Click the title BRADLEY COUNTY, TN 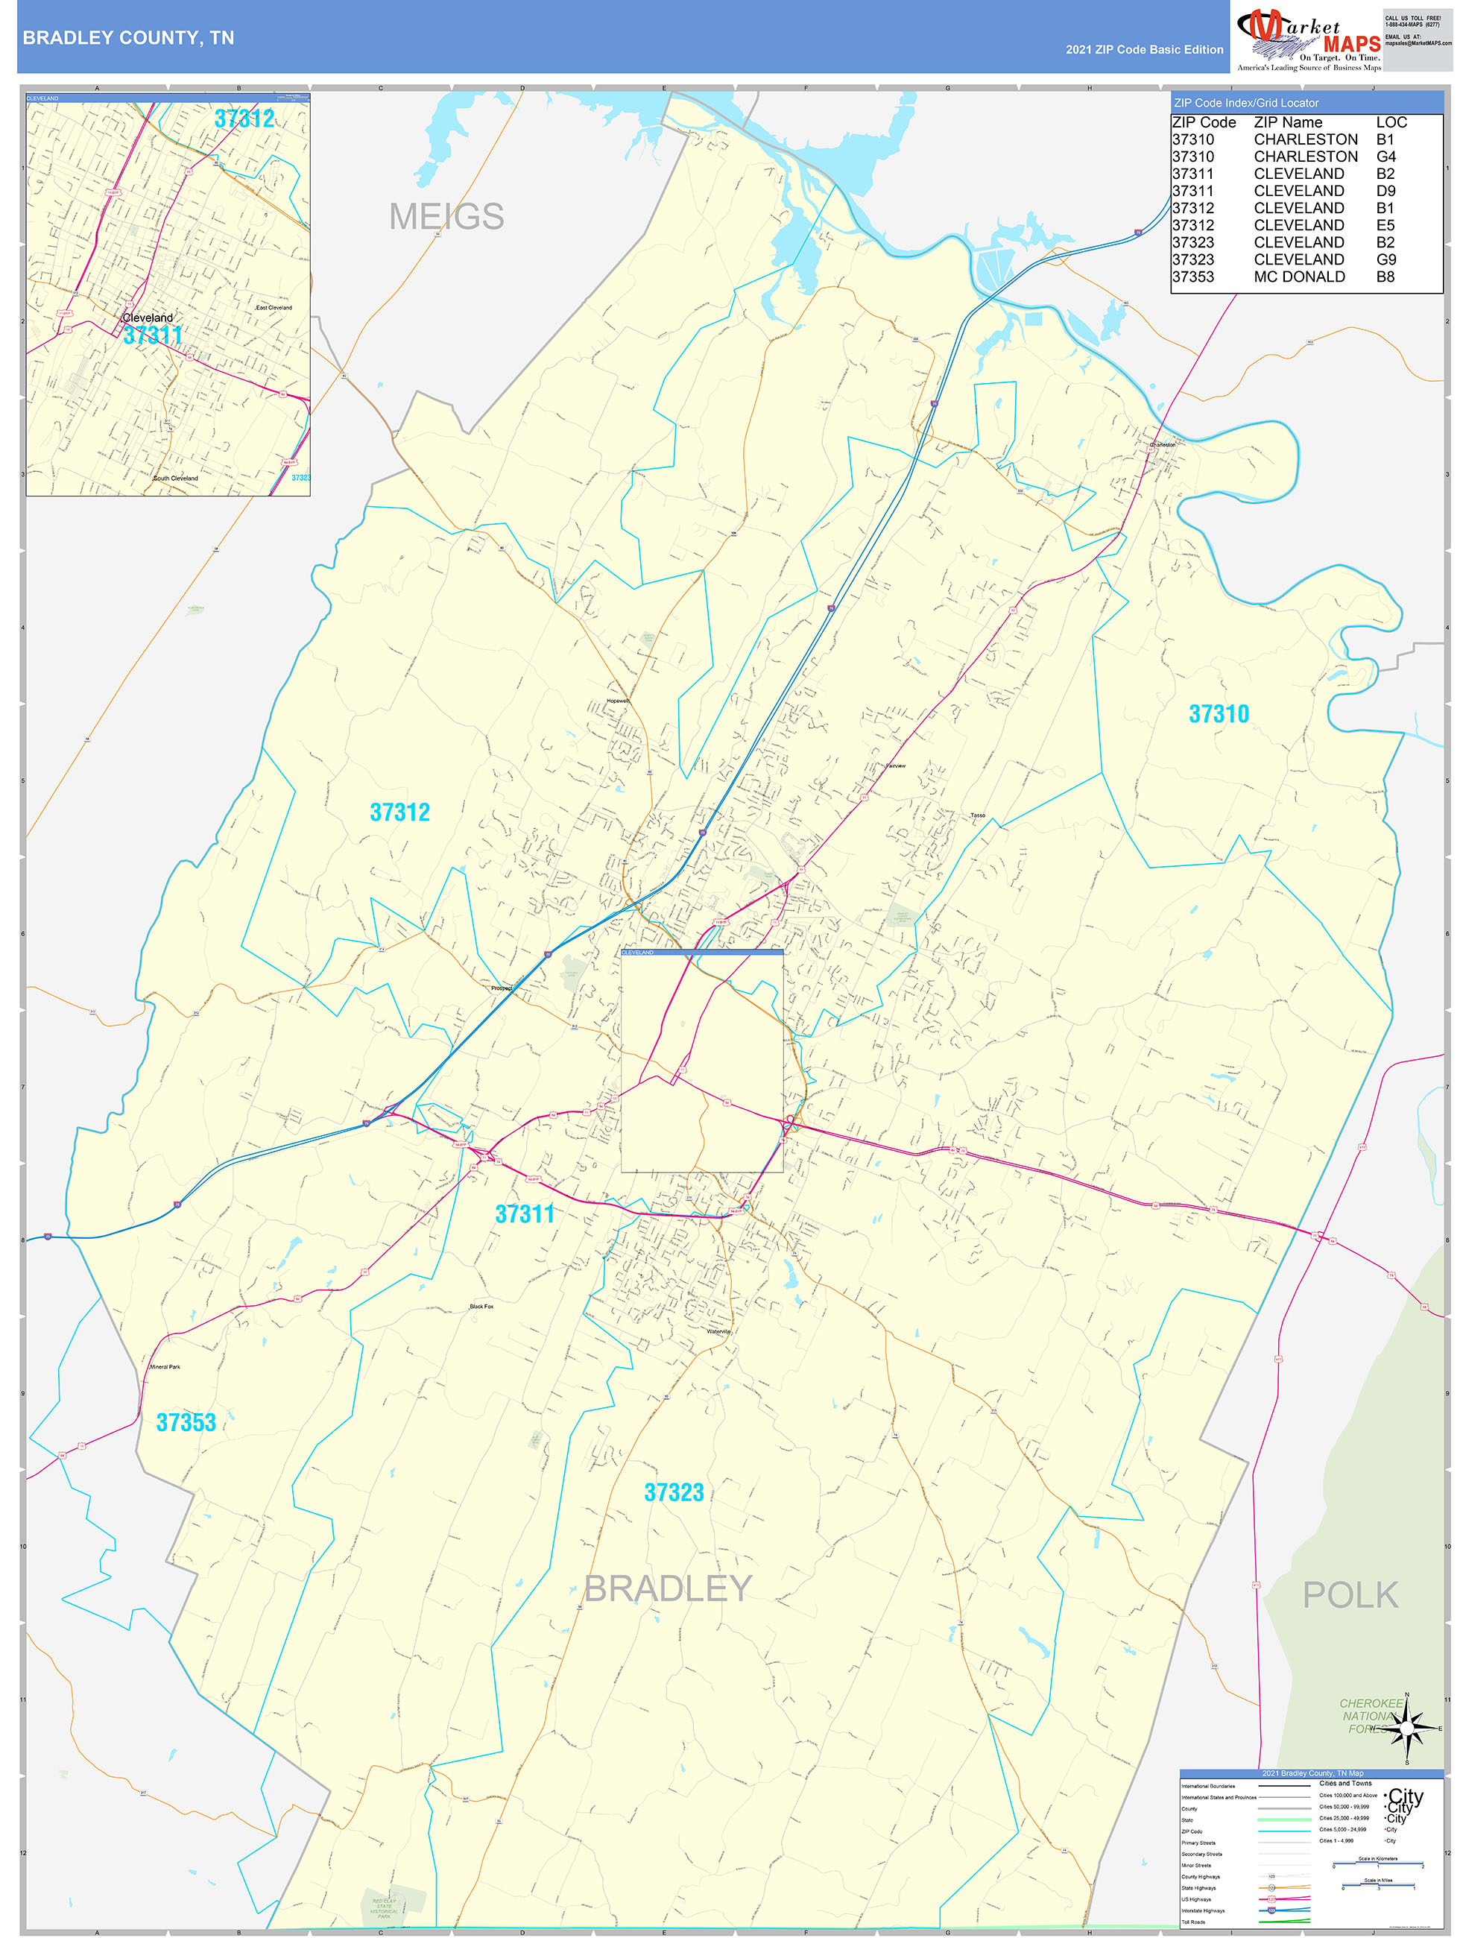(128, 38)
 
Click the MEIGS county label (446, 216)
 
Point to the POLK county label (1350, 1595)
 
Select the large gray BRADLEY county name (668, 1588)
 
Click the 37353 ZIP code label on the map (186, 1423)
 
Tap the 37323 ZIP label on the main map (674, 1493)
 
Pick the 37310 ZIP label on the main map (1219, 714)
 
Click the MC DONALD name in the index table (1299, 277)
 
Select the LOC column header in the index (1391, 123)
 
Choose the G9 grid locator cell (1386, 259)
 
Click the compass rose (1406, 1729)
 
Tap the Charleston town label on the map (1163, 444)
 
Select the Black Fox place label (481, 1307)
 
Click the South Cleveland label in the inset (175, 479)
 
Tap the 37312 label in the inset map (244, 119)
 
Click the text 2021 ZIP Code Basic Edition (1144, 50)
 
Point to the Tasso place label (978, 815)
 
